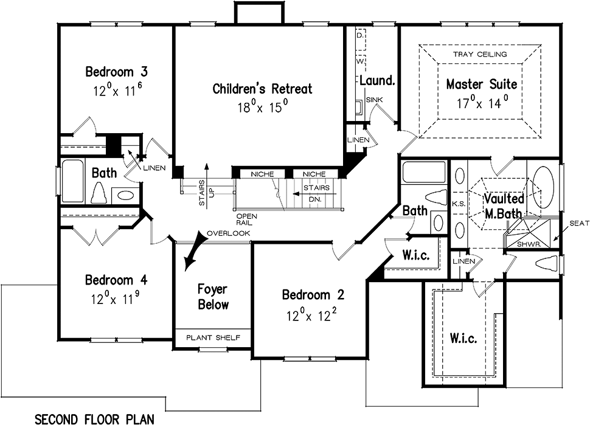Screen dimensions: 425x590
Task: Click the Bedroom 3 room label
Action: click(116, 72)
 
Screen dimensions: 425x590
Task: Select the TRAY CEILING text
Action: click(479, 55)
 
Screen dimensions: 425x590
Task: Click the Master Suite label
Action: click(482, 84)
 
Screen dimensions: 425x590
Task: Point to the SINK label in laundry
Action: click(373, 100)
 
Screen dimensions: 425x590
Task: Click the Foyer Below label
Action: click(213, 296)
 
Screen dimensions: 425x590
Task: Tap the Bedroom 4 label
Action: click(117, 280)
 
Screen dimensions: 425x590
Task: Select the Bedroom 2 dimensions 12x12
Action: click(313, 316)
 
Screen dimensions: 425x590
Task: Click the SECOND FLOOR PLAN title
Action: click(94, 419)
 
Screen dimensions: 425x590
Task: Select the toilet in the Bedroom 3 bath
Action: click(99, 194)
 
